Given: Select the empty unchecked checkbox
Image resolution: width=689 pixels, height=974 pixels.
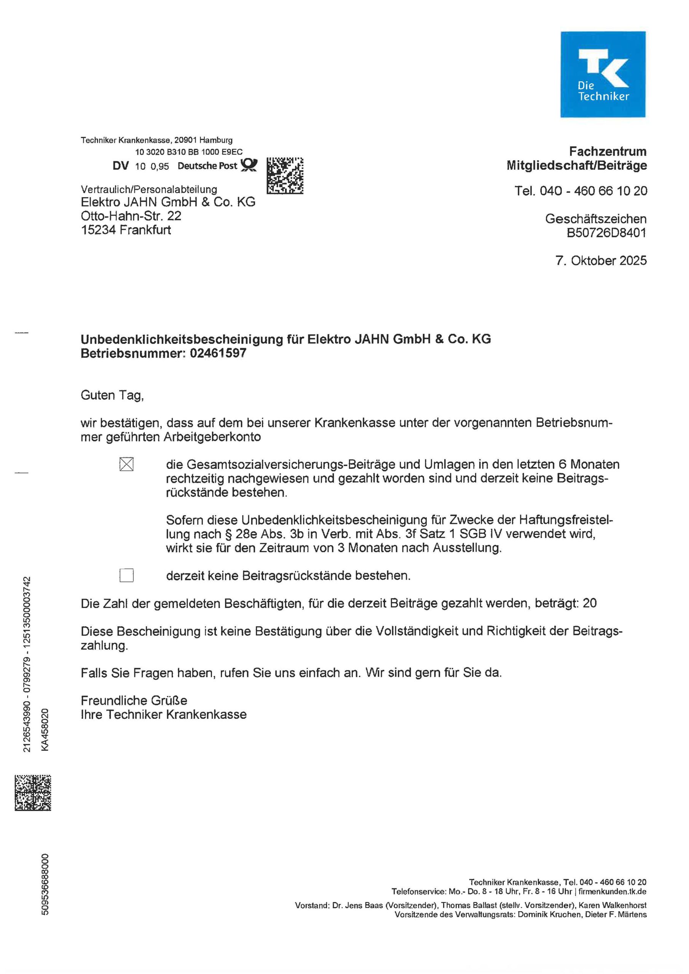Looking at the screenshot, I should pyautogui.click(x=126, y=575).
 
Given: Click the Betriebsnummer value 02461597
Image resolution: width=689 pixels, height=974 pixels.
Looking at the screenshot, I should pyautogui.click(x=218, y=353).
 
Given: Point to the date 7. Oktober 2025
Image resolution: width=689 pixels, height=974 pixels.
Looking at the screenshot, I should pyautogui.click(x=601, y=261).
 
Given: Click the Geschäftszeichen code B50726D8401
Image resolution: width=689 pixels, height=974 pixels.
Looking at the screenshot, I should pyautogui.click(x=606, y=232).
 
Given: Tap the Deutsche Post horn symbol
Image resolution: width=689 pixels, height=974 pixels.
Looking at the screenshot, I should pyautogui.click(x=249, y=165).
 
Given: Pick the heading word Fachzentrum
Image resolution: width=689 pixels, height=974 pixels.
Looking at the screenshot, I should pyautogui.click(x=608, y=151).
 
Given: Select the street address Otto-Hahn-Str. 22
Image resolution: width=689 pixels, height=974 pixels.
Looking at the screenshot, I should pyautogui.click(x=131, y=216).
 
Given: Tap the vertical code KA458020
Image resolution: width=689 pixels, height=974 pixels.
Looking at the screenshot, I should pyautogui.click(x=45, y=730).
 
